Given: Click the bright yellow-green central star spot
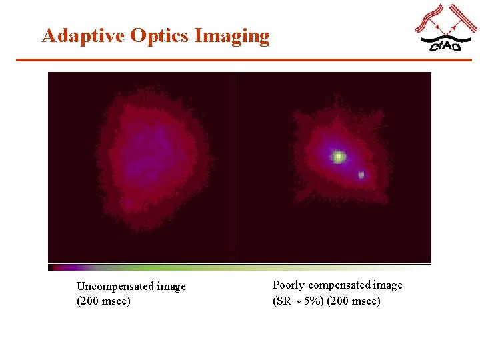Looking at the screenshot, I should click(x=339, y=157).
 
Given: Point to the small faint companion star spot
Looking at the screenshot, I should click(x=361, y=175).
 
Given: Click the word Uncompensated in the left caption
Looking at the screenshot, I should click(x=115, y=287).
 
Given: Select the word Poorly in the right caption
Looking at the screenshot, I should click(x=289, y=285).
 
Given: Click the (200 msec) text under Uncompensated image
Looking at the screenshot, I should click(x=103, y=301).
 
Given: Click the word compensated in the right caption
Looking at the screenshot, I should click(x=339, y=285).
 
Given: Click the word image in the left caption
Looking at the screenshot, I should click(x=171, y=287).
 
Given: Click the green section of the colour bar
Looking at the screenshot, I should click(x=200, y=267).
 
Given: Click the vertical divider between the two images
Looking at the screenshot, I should click(x=238, y=167).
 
